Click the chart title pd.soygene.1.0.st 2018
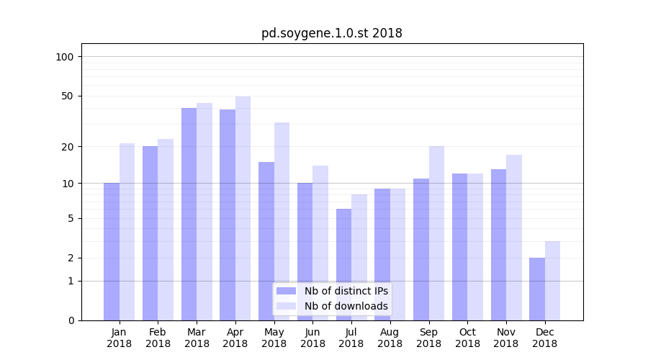(331, 33)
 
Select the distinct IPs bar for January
(112, 251)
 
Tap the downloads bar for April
(243, 208)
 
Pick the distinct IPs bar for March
(189, 214)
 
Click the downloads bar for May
(282, 221)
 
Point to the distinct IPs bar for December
(537, 289)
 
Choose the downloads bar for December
(552, 281)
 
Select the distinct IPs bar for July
(343, 264)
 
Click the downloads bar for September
(436, 233)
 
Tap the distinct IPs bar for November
(498, 245)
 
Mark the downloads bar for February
(166, 230)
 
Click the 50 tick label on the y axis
(68, 96)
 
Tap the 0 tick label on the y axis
(71, 320)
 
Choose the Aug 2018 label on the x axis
(390, 338)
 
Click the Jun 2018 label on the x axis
(312, 338)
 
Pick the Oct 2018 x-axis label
(467, 338)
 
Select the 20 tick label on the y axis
(68, 147)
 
